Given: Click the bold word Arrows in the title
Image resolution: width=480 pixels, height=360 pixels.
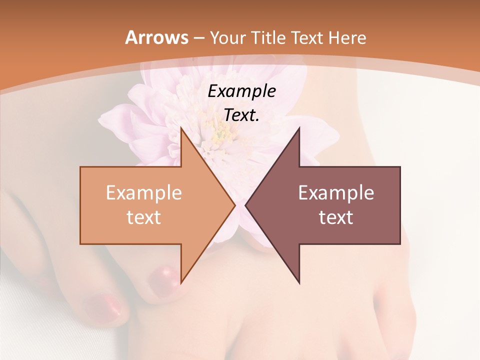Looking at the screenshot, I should coord(157,37).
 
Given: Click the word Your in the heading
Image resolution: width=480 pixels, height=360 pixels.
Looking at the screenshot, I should coord(227,37).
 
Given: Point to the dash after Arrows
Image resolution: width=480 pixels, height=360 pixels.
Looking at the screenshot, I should coord(198,38).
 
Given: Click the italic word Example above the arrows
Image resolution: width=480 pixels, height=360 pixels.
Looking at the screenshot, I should coord(241,91).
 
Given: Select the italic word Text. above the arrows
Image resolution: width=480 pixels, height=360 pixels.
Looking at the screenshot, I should coord(241,115).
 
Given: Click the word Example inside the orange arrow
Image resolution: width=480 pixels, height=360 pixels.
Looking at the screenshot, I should coord(143,192).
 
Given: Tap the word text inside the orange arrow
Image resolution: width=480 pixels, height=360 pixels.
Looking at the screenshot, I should coord(143,217).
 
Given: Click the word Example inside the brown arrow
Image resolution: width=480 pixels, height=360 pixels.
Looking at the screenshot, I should coord(336,192).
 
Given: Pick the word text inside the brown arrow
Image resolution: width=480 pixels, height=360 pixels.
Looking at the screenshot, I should coord(336,217).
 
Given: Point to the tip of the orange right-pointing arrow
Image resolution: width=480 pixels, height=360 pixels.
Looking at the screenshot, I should coord(234,205).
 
